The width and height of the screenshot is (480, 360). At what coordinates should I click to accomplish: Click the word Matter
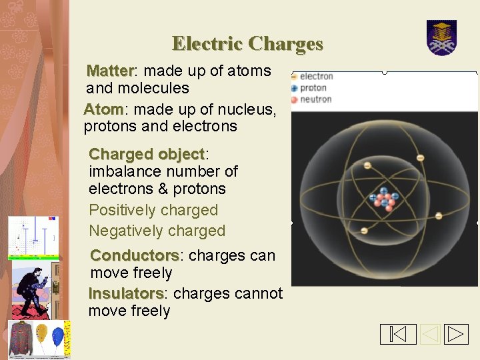[x=111, y=71]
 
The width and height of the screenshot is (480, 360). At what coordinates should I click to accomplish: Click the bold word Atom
[x=103, y=109]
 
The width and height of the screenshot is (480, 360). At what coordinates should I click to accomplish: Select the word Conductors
[x=135, y=255]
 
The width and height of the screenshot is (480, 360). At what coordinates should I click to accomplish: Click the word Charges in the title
[x=285, y=44]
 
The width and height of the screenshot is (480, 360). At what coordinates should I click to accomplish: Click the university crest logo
[x=441, y=38]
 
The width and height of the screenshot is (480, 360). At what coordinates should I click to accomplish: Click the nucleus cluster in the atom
[x=383, y=199]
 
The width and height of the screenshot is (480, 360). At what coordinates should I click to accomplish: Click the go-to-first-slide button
[x=398, y=334]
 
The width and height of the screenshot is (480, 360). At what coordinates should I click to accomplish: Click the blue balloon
[x=58, y=337]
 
